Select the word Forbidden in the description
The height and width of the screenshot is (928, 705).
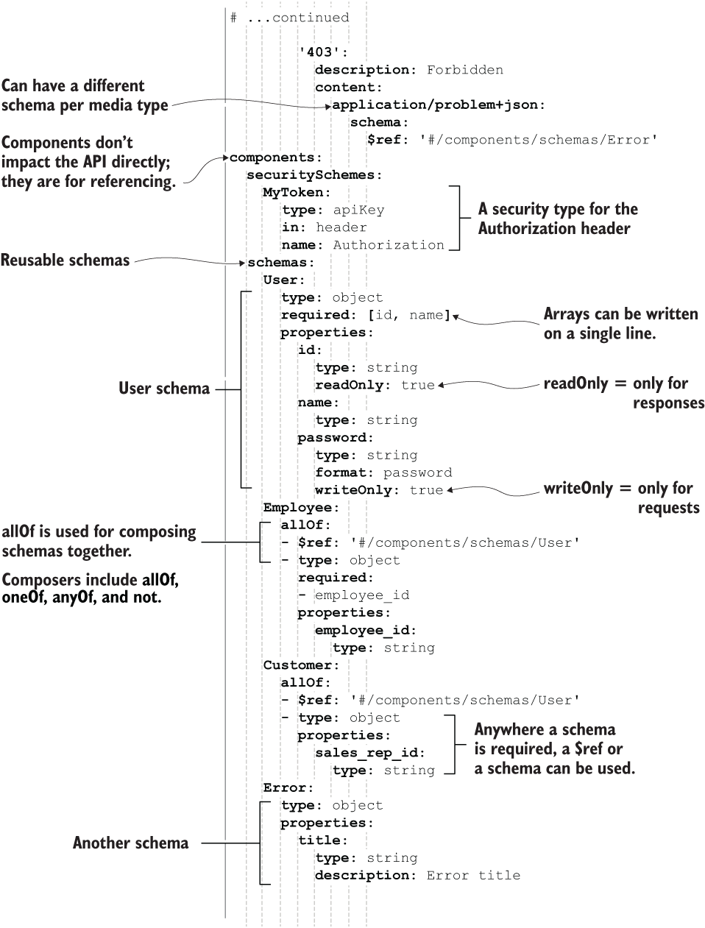point(465,70)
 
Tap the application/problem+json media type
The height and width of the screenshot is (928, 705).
point(439,105)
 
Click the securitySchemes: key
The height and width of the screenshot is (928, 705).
point(314,175)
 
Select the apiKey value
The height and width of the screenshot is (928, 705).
point(358,210)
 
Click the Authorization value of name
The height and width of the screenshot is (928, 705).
point(389,245)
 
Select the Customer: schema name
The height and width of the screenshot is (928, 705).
point(302,665)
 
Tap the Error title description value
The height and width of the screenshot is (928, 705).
point(473,876)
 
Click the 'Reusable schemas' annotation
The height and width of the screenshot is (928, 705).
point(65,261)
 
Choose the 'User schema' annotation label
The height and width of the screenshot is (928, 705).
point(164,389)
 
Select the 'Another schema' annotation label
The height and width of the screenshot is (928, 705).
point(130,843)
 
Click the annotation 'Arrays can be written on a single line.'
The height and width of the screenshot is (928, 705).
point(620,323)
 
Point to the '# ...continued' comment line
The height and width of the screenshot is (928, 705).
point(289,18)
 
